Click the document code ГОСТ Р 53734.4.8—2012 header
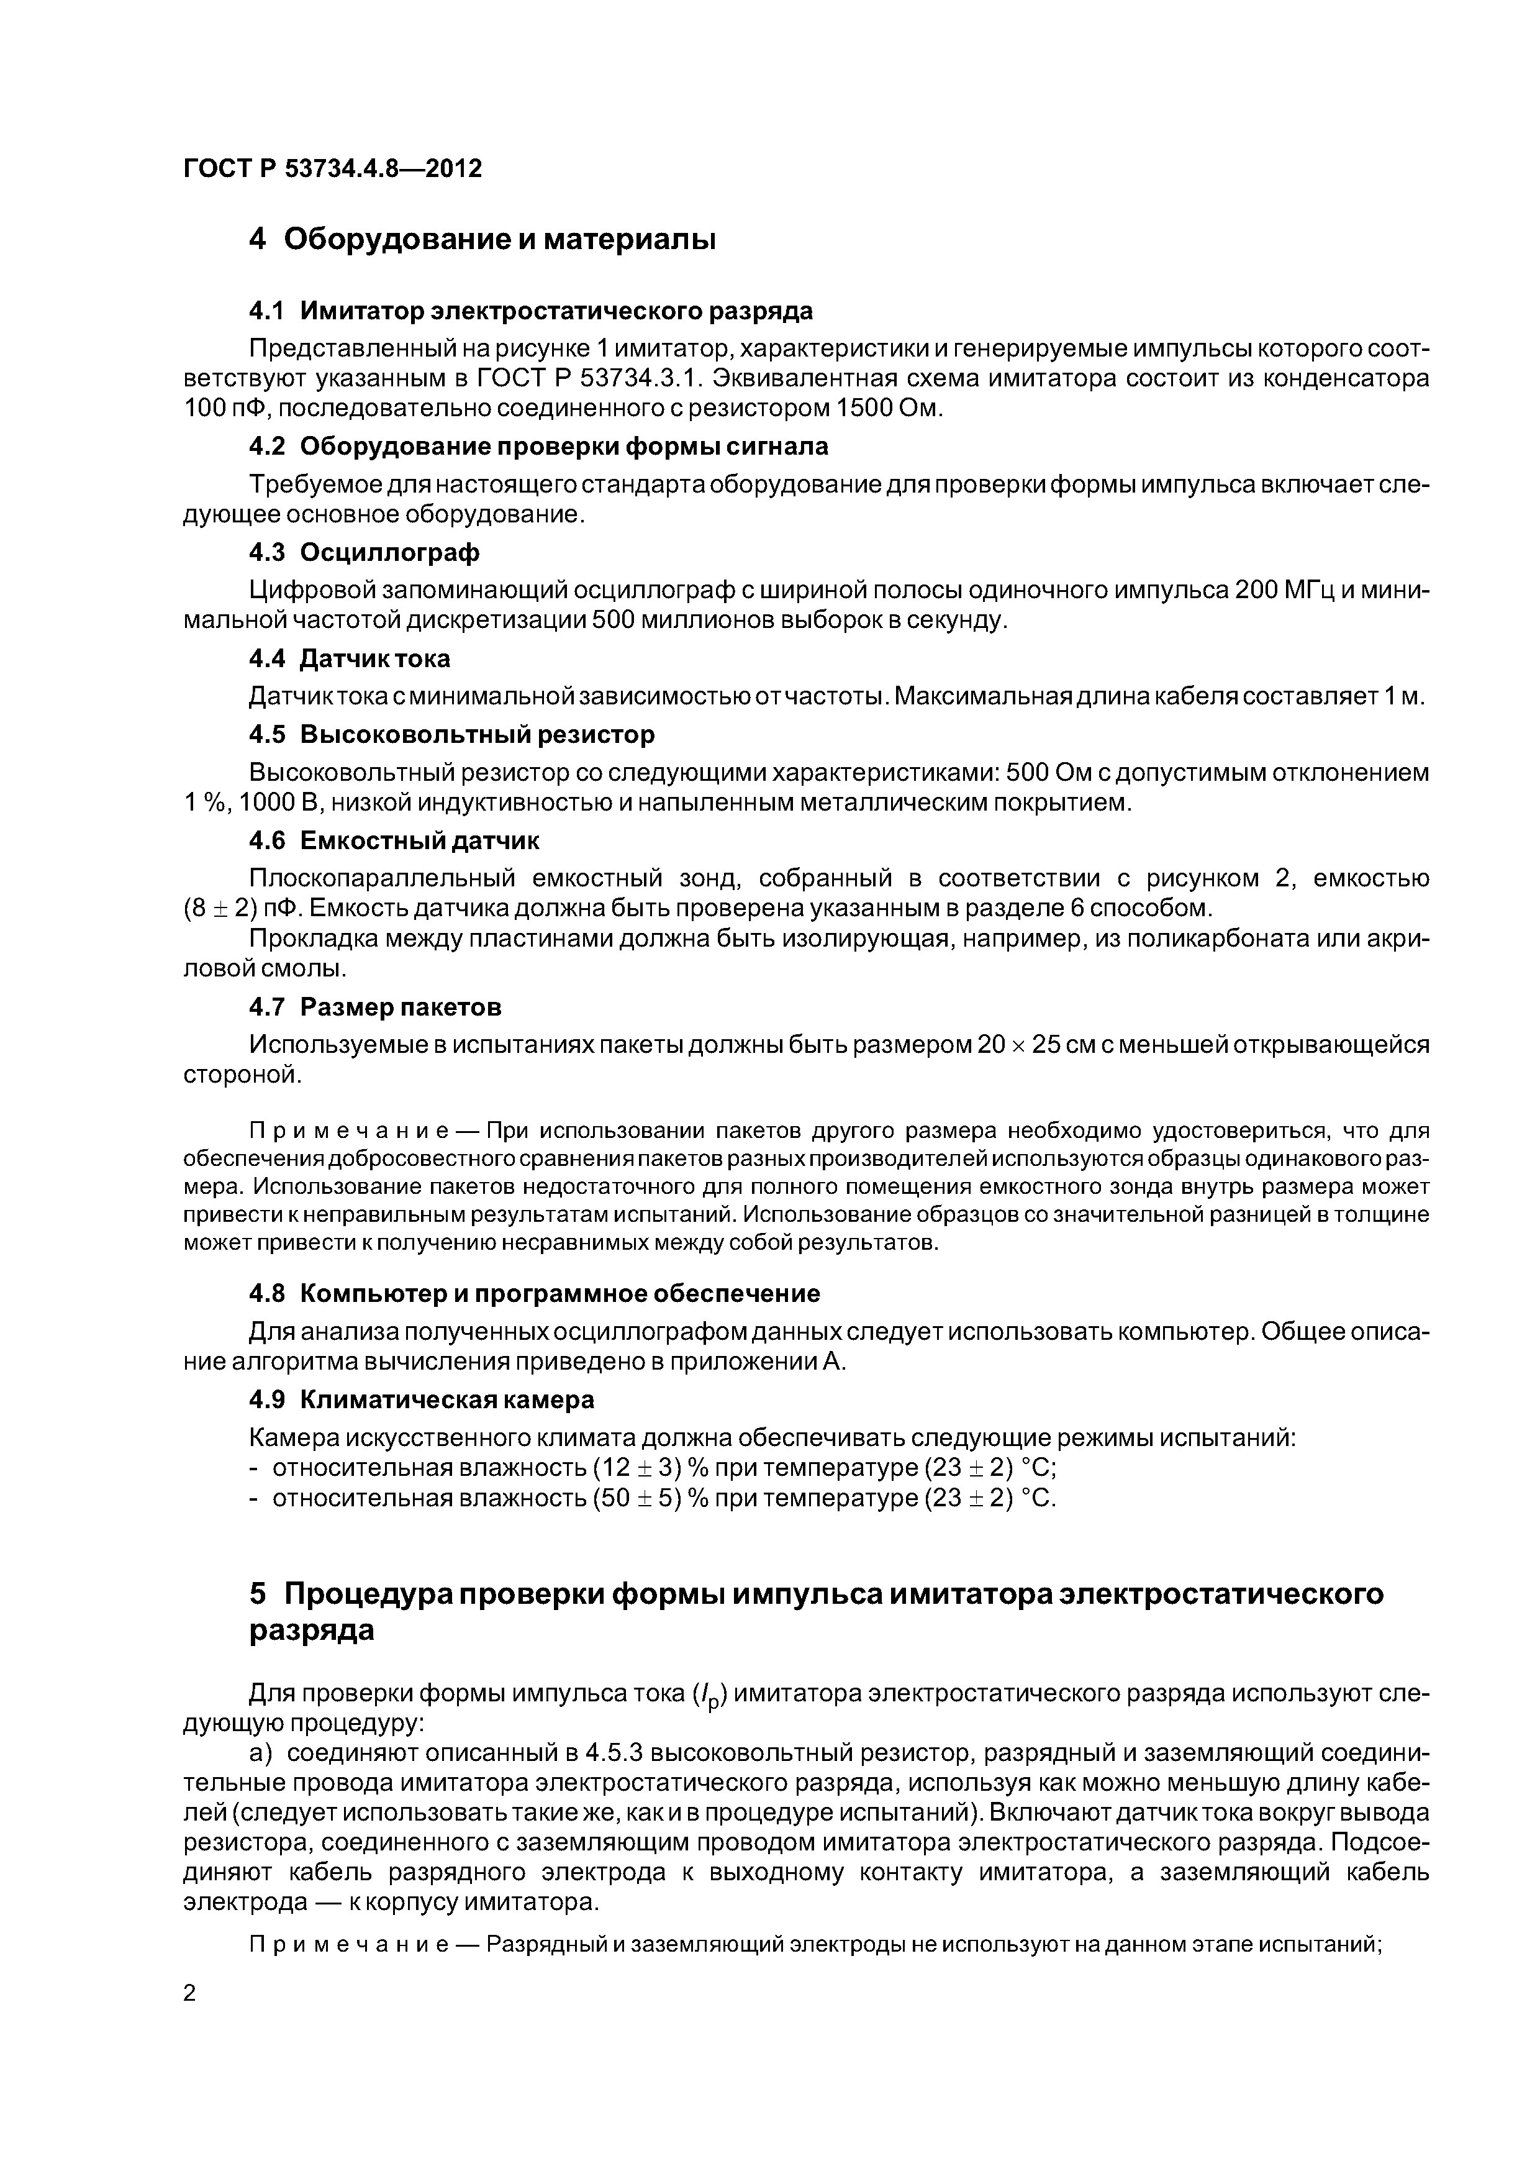[332, 169]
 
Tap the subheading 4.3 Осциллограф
[363, 552]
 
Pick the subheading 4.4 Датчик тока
[349, 658]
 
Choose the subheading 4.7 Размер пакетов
[375, 1006]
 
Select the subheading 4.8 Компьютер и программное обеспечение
[534, 1293]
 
